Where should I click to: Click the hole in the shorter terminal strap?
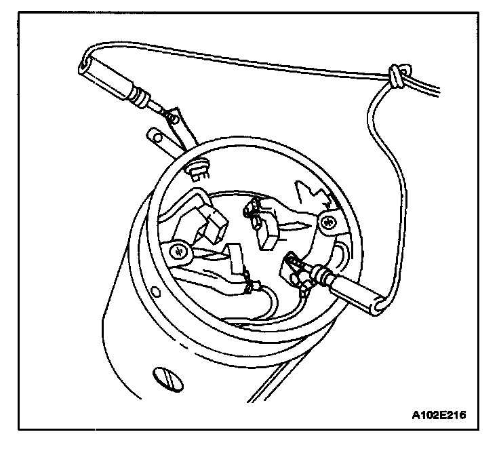157,139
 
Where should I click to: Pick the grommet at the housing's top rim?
197,167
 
